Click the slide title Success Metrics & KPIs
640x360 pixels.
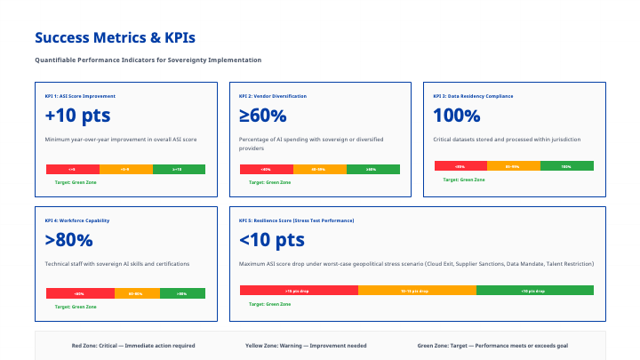coord(115,38)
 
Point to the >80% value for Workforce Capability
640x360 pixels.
coord(68,239)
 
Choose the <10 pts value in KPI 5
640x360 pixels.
coord(272,239)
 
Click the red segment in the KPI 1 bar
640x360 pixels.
coord(72,169)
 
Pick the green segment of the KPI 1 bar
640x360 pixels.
coord(179,169)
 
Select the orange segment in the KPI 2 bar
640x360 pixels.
coord(319,169)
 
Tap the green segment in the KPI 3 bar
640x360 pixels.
coord(566,165)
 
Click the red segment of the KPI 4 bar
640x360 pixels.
coord(80,293)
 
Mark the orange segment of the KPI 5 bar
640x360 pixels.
coord(417,290)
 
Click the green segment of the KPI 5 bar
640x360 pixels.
coord(534,290)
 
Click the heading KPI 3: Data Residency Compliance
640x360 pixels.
coord(473,95)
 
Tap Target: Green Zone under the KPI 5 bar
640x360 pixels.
coord(269,304)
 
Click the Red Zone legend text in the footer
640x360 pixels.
coord(133,345)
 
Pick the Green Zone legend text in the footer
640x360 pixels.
coord(492,345)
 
